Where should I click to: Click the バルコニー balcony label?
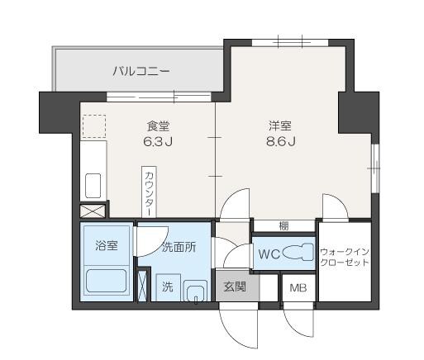click(x=141, y=72)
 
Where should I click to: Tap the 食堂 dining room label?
click(x=158, y=126)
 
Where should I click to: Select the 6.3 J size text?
click(x=157, y=142)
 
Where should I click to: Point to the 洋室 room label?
click(x=279, y=126)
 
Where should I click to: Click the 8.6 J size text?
click(x=279, y=142)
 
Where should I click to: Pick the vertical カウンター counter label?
click(x=149, y=192)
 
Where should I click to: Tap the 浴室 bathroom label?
click(x=106, y=245)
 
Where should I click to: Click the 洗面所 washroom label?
click(x=179, y=246)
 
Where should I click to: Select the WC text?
click(x=269, y=254)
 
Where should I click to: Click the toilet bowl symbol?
click(x=298, y=253)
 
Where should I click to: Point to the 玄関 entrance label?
click(x=235, y=287)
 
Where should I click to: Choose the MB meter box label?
click(x=295, y=288)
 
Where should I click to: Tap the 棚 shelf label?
click(x=283, y=225)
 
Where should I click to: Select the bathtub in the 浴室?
click(x=106, y=282)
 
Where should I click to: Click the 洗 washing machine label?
click(x=167, y=288)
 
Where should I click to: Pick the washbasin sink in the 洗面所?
click(x=195, y=291)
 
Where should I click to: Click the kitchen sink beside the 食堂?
click(x=93, y=186)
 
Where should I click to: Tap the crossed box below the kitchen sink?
click(x=93, y=211)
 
